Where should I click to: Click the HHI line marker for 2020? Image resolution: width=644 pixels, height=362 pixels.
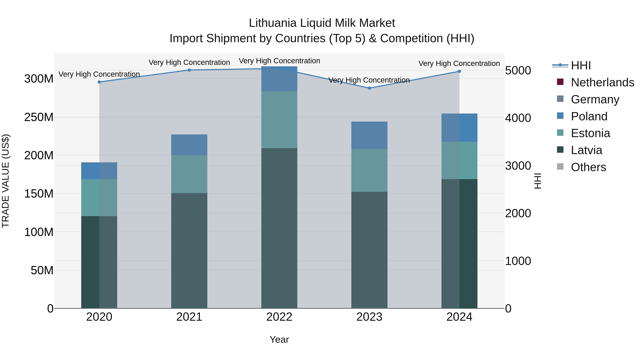pos(99,82)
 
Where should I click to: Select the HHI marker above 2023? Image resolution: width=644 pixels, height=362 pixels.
pos(369,88)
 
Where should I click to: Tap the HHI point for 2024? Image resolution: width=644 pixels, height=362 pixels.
pos(459,72)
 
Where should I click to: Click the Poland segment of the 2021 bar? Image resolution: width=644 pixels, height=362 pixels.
pos(189,145)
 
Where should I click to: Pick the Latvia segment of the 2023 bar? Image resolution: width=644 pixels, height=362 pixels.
pos(369,250)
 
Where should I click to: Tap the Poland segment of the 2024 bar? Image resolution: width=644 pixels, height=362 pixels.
pos(459,128)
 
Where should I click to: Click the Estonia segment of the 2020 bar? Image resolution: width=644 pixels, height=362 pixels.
pos(99,198)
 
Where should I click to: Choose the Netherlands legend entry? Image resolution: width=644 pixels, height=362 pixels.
pos(602,82)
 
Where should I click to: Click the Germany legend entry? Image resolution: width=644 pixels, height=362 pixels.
pos(595,99)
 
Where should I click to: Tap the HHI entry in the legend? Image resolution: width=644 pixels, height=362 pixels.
pos(581,65)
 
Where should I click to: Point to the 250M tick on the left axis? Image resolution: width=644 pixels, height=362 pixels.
pos(39,117)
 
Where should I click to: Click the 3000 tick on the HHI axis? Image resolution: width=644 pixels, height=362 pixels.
pos(518,166)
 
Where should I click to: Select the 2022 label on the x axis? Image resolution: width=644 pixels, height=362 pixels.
pos(279,317)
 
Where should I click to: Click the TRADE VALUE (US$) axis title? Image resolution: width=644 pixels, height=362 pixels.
pos(6,181)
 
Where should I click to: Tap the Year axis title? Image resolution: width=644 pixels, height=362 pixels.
pos(279,339)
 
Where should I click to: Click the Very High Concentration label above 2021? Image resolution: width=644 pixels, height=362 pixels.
pos(189,62)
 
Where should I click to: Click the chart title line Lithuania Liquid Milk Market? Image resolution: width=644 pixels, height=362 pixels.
pos(322,23)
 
